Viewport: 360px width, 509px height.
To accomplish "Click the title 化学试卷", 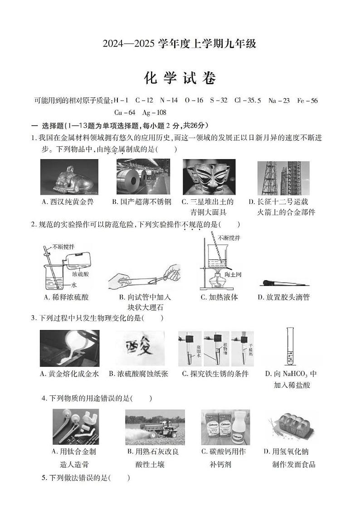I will (180, 78).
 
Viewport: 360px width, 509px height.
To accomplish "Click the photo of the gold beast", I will (66, 177).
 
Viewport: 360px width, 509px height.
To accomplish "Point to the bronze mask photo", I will (209, 177).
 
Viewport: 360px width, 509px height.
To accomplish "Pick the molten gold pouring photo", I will (69, 348).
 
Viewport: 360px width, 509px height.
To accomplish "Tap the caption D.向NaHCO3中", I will (291, 374).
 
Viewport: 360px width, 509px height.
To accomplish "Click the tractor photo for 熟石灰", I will (155, 427).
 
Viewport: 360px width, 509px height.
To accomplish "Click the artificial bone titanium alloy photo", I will (75, 427).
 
